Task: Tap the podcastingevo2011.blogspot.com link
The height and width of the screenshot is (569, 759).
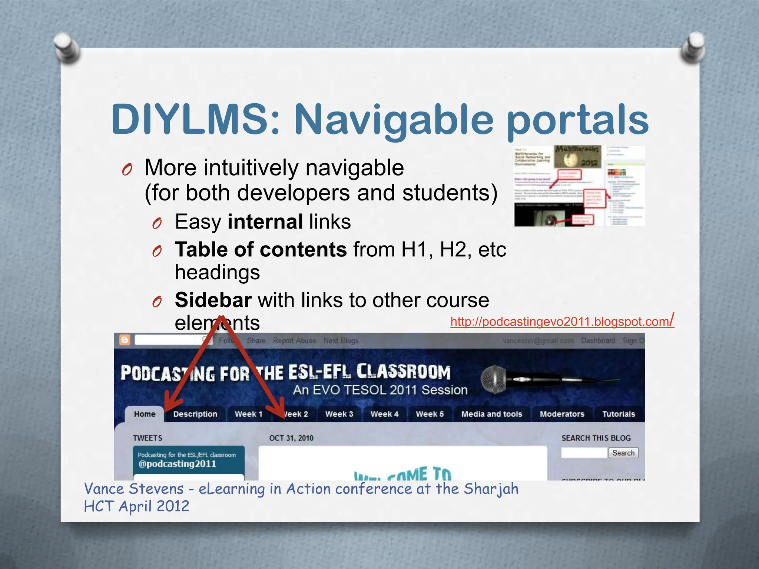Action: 561,322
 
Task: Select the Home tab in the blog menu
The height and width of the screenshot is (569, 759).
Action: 145,414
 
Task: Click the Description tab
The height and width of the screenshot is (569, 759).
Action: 195,414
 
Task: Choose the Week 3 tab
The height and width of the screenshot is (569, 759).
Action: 339,414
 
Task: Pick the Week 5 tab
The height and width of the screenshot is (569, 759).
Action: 430,414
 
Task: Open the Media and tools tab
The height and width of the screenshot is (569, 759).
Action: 491,414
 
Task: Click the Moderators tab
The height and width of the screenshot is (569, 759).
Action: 562,414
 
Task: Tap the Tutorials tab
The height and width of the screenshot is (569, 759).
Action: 619,414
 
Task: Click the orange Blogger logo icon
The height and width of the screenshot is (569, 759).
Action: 125,340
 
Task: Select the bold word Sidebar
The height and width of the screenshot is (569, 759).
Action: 213,300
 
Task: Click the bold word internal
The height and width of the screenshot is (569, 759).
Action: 265,222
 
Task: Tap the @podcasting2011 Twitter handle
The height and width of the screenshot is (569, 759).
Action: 177,464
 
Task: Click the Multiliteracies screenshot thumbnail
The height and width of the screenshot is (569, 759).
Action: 579,186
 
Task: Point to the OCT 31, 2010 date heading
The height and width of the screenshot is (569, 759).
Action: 291,438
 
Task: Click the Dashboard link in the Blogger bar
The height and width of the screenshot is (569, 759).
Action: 598,340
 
